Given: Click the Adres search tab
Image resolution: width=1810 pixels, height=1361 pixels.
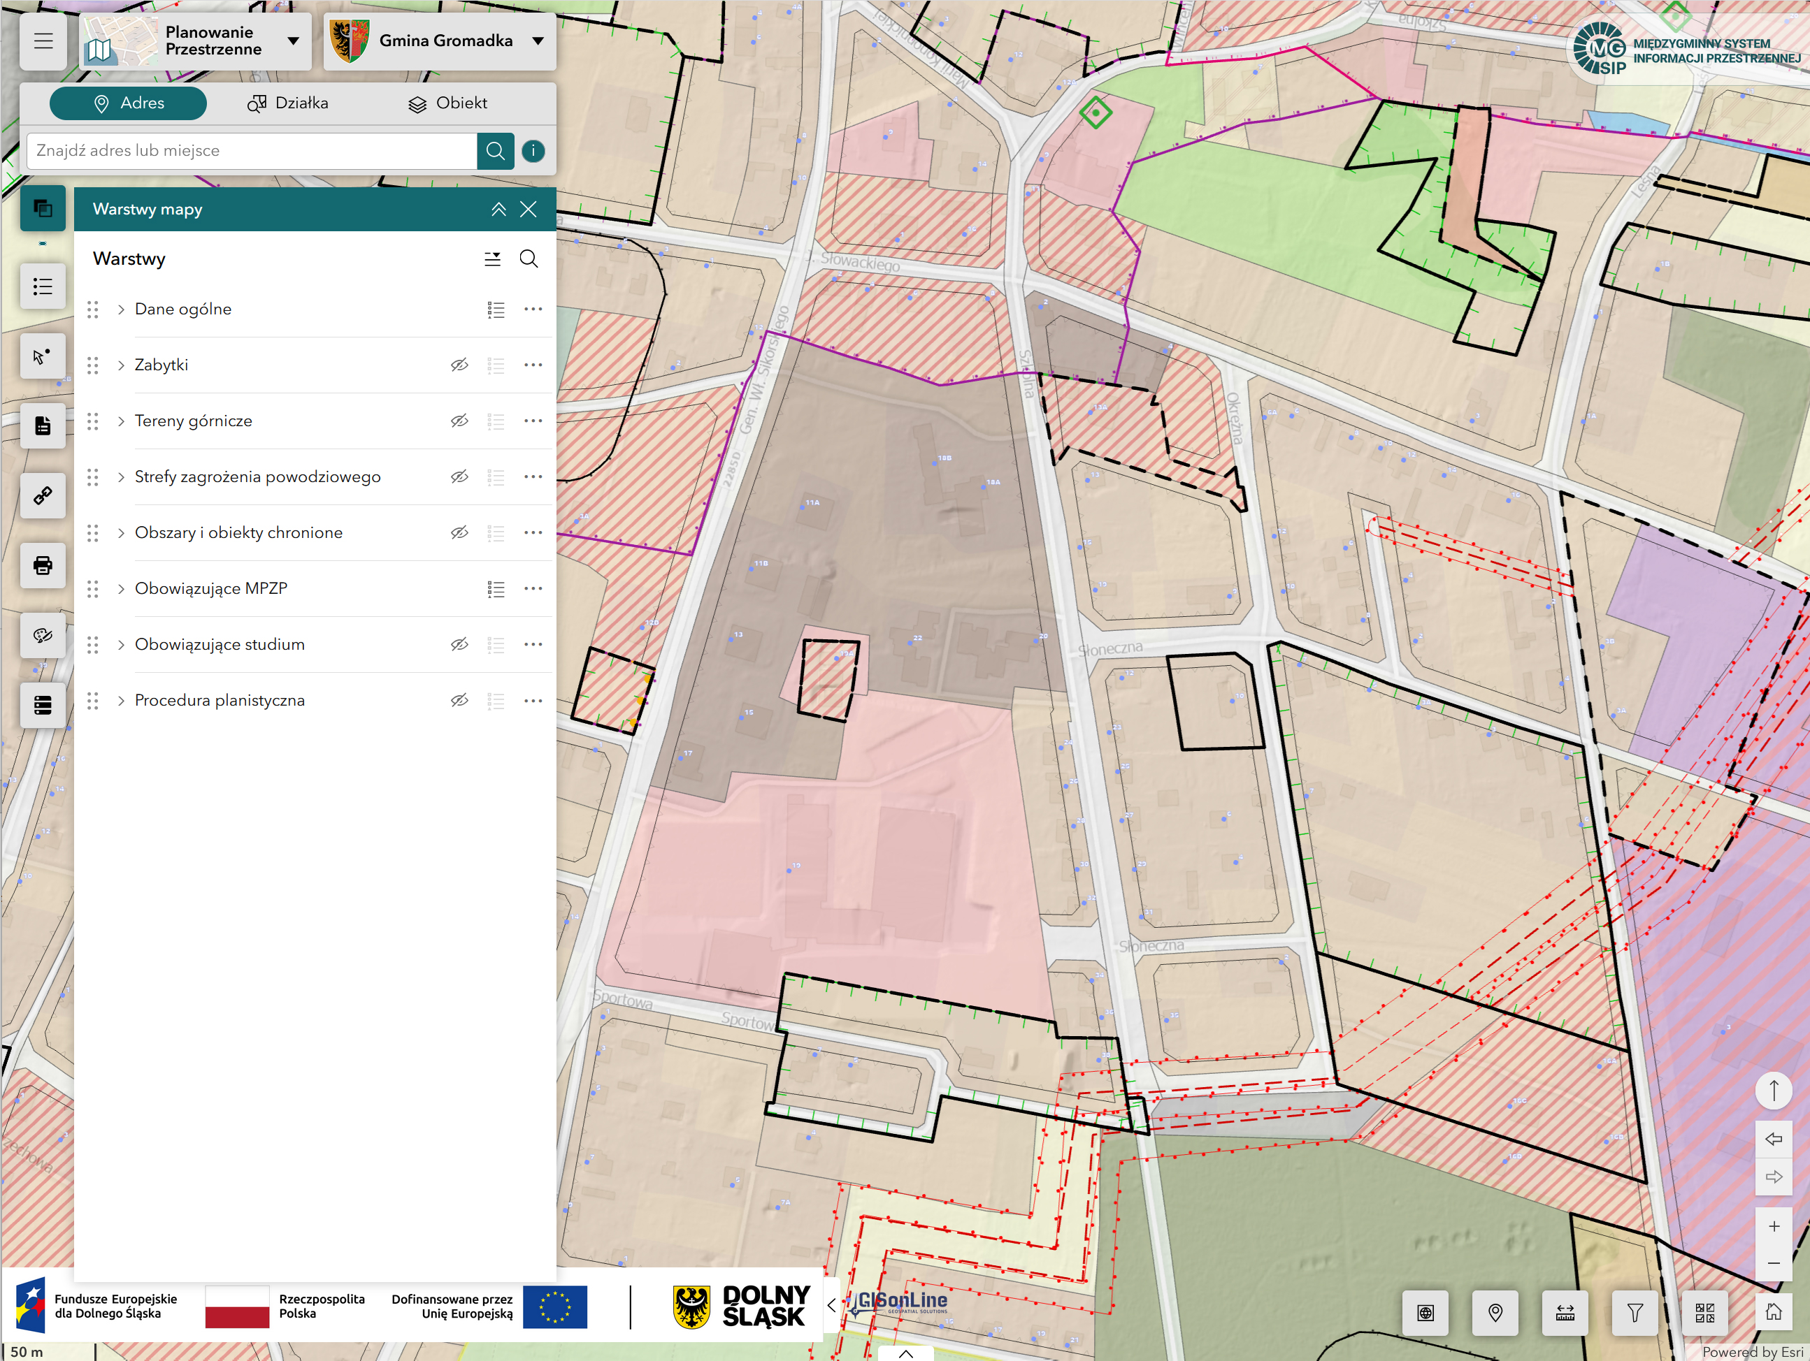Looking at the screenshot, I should tap(128, 103).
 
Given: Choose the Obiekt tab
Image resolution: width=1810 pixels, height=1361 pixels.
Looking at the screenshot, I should tap(447, 103).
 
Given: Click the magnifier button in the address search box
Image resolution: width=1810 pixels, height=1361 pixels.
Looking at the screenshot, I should tap(495, 150).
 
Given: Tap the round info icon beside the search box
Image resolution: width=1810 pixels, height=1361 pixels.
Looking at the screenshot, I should tap(533, 150).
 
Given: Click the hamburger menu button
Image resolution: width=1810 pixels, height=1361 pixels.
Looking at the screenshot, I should tap(43, 41).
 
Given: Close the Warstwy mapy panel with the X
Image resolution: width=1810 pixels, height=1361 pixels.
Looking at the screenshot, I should tap(529, 210).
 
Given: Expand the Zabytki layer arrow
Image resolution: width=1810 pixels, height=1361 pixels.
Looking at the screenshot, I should tap(121, 365).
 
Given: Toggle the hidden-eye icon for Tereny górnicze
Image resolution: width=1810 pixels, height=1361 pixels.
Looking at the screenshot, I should tap(459, 421).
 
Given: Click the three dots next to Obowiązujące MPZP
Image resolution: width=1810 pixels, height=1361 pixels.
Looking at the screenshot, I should tap(533, 589).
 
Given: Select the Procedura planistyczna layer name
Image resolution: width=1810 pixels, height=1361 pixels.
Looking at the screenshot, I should tap(220, 701).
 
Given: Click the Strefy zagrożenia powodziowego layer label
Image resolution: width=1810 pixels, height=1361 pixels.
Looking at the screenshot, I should tap(257, 477).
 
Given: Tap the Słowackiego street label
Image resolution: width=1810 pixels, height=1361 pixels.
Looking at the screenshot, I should tap(860, 262).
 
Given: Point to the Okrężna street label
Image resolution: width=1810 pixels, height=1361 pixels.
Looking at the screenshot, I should tap(1235, 418).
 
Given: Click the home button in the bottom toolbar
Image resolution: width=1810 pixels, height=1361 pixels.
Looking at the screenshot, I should tap(1773, 1313).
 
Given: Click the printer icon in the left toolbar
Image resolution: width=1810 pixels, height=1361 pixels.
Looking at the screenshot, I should tap(43, 565).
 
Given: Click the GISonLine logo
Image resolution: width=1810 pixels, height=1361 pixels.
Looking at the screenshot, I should tap(900, 1302).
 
